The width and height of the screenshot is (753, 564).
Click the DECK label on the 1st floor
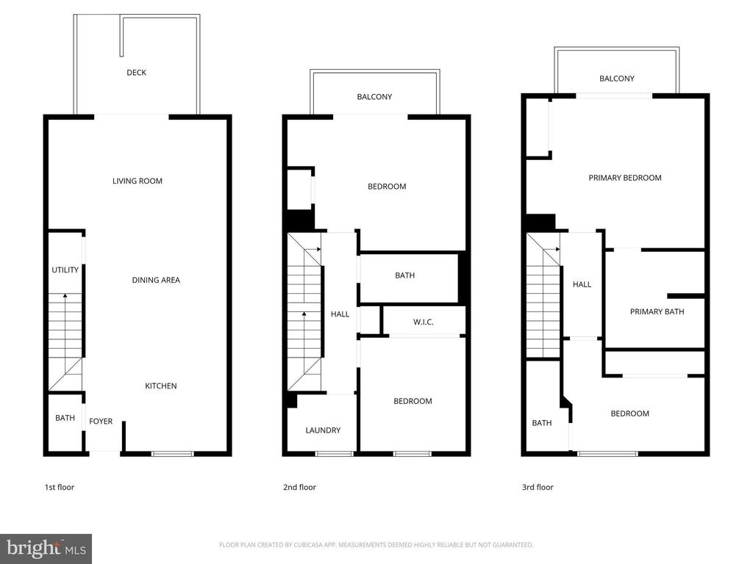[136, 73]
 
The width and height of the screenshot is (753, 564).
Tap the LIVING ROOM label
[138, 181]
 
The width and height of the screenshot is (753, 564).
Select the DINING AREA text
[156, 280]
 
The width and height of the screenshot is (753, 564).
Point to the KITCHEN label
[161, 386]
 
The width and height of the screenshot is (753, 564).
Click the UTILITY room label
[65, 270]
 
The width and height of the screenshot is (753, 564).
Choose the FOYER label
[101, 421]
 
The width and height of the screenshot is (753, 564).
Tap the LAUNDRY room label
[324, 430]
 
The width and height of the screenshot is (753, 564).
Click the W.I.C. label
[424, 322]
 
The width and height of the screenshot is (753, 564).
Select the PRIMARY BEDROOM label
[625, 178]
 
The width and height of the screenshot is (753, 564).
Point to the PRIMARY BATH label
[657, 311]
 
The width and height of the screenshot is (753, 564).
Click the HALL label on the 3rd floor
[582, 284]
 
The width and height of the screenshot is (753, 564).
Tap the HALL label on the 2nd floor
[340, 314]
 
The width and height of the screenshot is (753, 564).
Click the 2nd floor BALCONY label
[374, 96]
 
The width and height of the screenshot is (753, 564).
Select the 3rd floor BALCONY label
[617, 78]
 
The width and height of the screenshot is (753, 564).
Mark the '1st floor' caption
[60, 488]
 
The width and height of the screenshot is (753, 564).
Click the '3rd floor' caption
[538, 488]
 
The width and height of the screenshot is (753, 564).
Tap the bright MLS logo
[46, 549]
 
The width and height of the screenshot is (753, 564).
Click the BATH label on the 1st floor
[65, 418]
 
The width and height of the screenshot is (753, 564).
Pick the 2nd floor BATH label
[405, 275]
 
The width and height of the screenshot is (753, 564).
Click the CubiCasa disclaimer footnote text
[376, 545]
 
